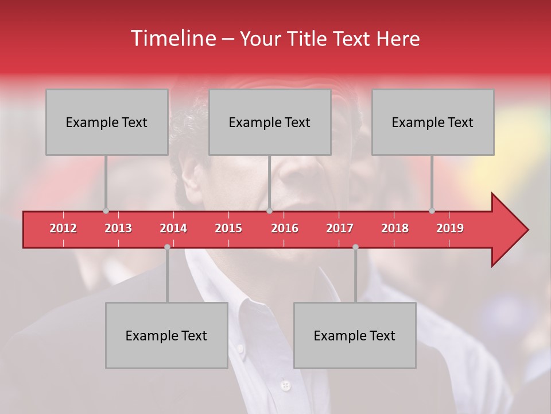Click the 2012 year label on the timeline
tap(63, 228)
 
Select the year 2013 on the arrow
tap(118, 228)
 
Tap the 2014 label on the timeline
tap(173, 228)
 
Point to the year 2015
tap(228, 228)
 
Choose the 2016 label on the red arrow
tap(285, 228)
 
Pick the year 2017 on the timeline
tap(340, 228)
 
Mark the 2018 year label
tap(395, 228)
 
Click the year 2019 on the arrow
tap(450, 228)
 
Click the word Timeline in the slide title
tap(172, 39)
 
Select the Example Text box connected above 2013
tap(107, 122)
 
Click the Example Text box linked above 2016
tap(270, 122)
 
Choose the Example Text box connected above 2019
tap(433, 122)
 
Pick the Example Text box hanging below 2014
tap(166, 335)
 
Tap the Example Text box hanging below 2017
tap(355, 335)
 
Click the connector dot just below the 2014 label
tap(167, 247)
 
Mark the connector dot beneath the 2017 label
tap(355, 247)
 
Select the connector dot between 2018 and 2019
tap(432, 210)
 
